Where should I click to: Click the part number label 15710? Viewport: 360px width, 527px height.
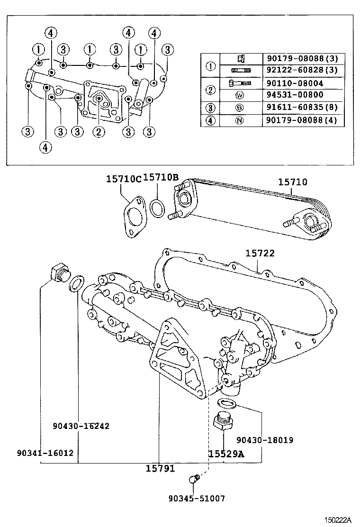click(292, 182)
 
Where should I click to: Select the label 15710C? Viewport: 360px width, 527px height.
click(124, 178)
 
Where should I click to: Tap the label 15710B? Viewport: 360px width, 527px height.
click(161, 178)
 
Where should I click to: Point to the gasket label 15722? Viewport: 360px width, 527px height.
click(260, 254)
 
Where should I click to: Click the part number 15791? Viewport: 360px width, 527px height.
click(160, 468)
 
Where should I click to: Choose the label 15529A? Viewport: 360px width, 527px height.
click(226, 454)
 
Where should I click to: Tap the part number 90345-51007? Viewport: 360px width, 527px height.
click(197, 498)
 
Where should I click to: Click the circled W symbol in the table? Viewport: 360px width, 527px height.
click(240, 95)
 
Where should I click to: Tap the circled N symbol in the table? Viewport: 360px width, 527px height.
click(240, 120)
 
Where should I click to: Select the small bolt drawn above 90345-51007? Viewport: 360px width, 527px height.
click(194, 480)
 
